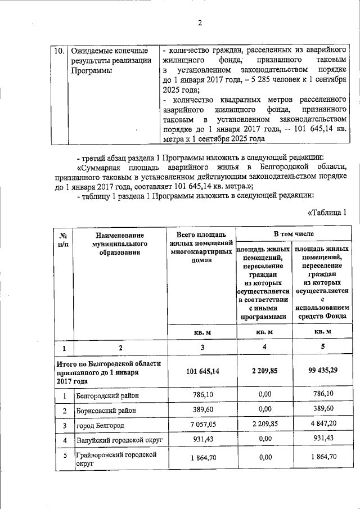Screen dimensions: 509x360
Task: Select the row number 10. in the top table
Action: click(59, 51)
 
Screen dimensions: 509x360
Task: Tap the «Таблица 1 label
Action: click(331, 212)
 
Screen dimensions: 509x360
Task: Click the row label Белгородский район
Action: click(107, 395)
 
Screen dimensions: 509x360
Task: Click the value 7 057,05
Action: click(201, 425)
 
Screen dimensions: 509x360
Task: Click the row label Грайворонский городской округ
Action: click(115, 459)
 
